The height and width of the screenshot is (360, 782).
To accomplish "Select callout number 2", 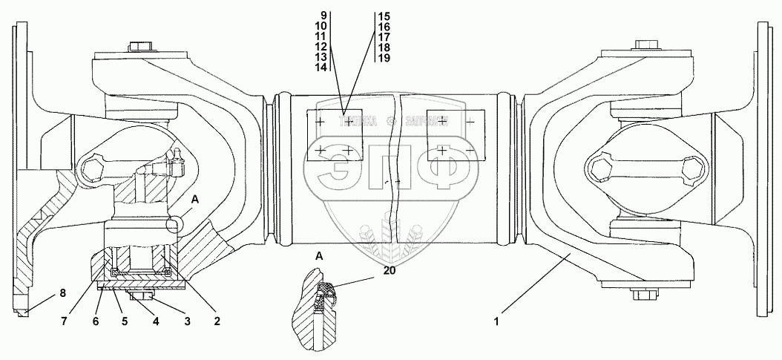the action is click(216, 322).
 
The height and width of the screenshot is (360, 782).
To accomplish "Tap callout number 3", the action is click(186, 322).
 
